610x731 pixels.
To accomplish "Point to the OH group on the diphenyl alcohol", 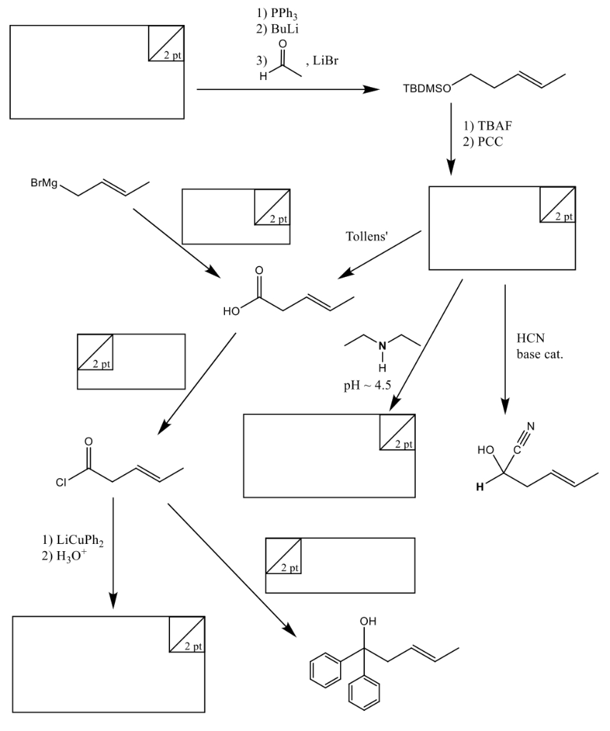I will coord(369,622).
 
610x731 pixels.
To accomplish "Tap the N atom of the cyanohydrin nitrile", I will coord(531,428).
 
